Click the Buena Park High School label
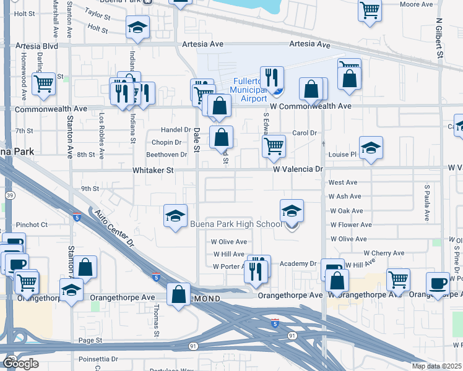click(235, 224)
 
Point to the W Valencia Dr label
click(298, 169)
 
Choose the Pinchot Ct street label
click(32, 224)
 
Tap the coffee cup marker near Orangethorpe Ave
click(438, 283)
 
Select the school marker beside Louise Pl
click(371, 148)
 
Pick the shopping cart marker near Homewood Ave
click(43, 83)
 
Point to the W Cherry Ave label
click(384, 254)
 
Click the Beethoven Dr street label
click(166, 155)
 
